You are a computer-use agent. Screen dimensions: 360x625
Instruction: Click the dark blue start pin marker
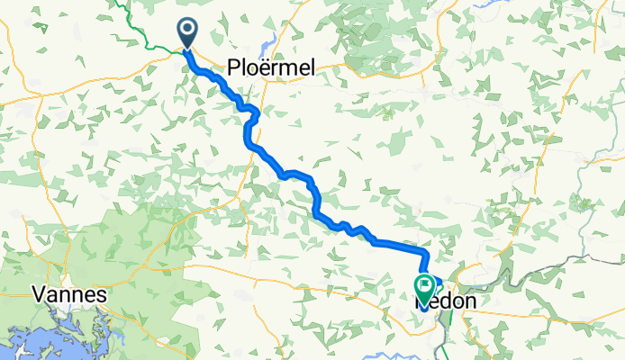(188, 33)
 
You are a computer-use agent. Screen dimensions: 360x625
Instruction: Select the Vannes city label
(69, 294)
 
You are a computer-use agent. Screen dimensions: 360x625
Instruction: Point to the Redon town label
(446, 303)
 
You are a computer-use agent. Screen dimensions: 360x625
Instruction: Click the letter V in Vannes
(38, 294)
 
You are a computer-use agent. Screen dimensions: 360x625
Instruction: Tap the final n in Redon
(468, 303)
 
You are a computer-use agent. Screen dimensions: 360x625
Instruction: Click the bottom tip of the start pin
(188, 48)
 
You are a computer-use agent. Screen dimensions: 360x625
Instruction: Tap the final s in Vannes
(102, 294)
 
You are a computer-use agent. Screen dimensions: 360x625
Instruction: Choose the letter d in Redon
(444, 303)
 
